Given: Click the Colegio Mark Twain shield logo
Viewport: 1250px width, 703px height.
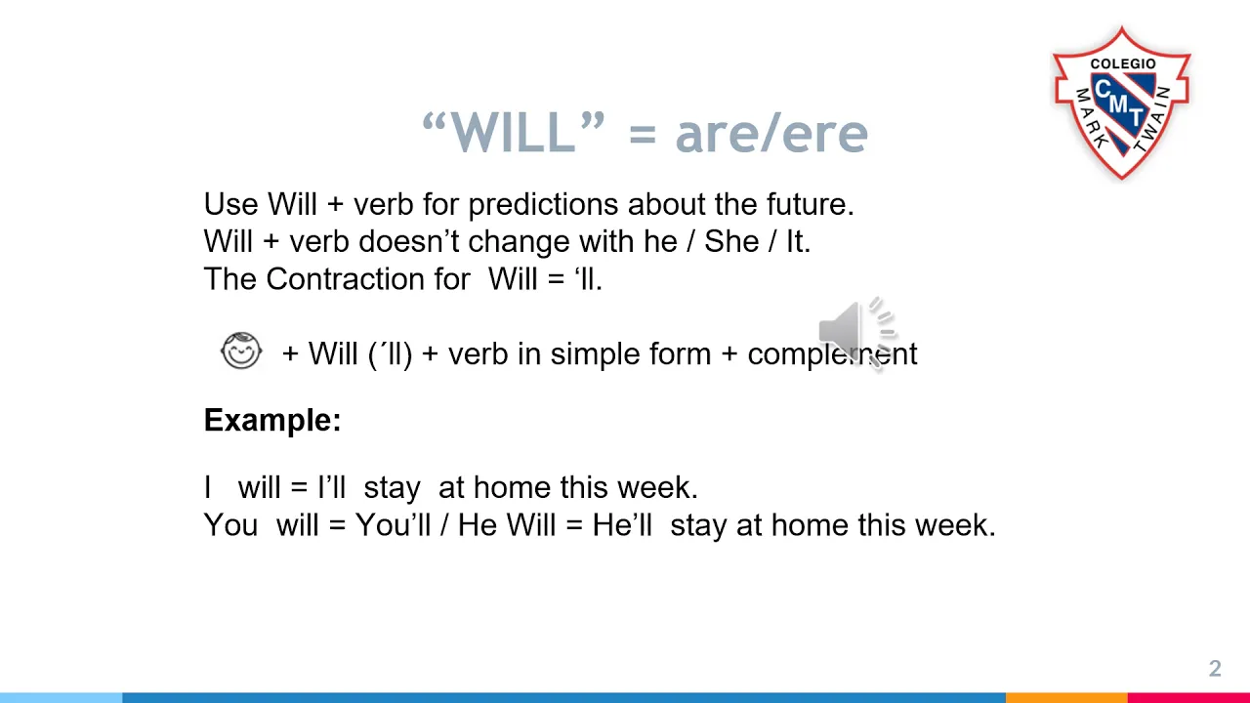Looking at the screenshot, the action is click(1122, 103).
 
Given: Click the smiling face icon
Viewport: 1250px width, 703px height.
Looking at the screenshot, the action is click(241, 351).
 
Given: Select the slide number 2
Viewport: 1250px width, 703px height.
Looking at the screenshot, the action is click(1215, 669).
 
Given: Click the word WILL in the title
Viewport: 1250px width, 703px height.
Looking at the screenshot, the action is click(513, 132).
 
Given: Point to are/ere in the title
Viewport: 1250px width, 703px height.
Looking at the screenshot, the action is click(771, 135).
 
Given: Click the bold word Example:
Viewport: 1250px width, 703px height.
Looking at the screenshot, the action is click(272, 420).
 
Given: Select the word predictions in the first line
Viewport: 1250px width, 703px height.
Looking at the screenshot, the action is click(543, 205).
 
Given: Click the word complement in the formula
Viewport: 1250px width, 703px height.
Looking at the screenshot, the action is click(832, 354).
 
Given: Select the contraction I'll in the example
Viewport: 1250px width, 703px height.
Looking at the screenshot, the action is click(331, 487).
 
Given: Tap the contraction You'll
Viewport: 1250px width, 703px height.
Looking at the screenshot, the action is click(393, 525).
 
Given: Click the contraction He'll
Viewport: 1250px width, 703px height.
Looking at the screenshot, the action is click(622, 525).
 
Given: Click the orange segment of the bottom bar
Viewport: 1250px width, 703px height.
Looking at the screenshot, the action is click(1066, 698).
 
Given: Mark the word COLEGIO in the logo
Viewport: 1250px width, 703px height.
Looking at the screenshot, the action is click(1123, 63).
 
